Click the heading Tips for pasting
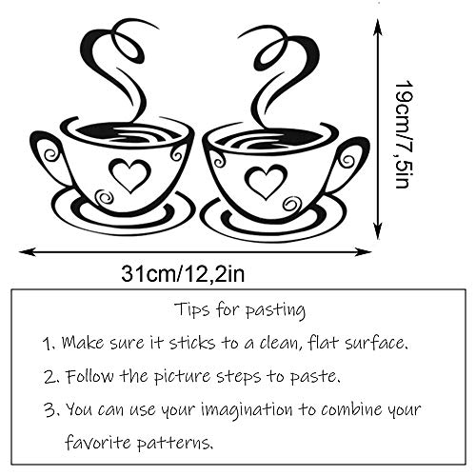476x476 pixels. tap(239, 309)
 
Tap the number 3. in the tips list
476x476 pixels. tap(48, 410)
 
